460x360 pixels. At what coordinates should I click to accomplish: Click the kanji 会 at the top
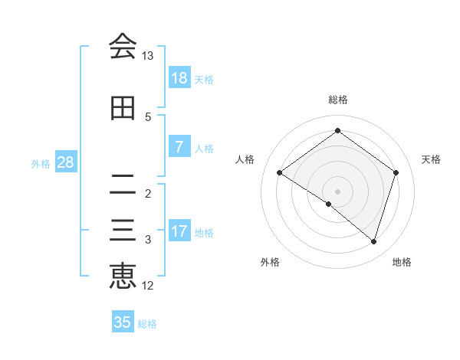click(123, 47)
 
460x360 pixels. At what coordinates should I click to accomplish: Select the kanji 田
click(123, 108)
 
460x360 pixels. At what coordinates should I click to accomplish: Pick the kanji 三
click(123, 231)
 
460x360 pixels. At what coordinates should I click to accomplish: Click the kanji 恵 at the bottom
click(123, 277)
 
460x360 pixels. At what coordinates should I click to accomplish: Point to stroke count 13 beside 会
click(148, 56)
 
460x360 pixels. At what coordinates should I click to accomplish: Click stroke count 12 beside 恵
click(148, 286)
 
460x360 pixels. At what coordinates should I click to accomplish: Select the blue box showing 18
click(179, 78)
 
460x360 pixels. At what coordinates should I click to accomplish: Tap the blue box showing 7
click(179, 147)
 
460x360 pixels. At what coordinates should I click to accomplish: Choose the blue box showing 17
click(179, 231)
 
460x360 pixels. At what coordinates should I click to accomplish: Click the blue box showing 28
click(65, 162)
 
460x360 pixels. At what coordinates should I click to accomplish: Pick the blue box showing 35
click(123, 322)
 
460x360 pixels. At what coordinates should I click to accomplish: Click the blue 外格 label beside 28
click(41, 163)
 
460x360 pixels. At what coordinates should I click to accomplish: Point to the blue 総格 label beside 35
click(147, 324)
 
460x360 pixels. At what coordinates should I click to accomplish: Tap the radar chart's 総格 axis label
click(337, 100)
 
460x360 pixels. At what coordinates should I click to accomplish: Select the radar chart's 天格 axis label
click(432, 159)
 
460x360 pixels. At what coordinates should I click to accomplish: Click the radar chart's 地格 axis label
click(402, 262)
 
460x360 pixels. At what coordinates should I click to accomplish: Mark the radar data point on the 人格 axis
click(280, 172)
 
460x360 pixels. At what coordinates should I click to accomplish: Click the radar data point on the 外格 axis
click(329, 204)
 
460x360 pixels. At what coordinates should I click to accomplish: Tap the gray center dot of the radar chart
click(337, 191)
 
